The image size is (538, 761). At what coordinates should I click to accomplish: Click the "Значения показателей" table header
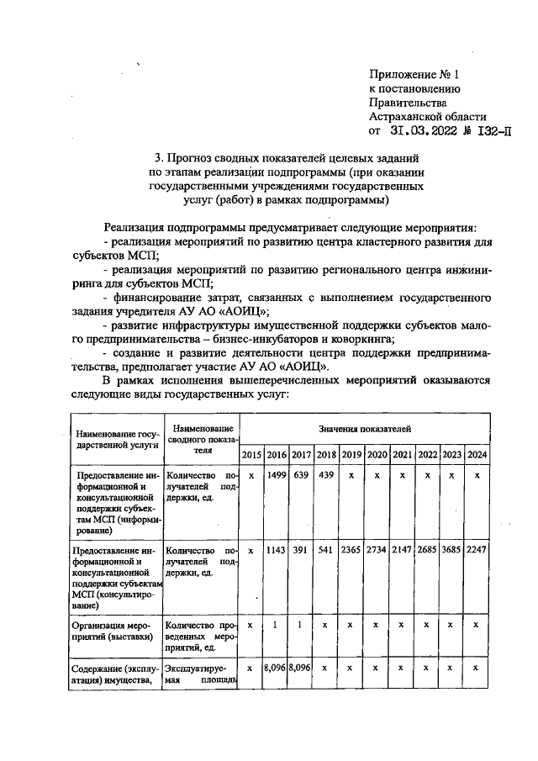364,430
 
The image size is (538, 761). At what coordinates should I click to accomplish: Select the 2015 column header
251,455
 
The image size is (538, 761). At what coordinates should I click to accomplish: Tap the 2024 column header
477,455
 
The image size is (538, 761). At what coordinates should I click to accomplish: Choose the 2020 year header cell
377,455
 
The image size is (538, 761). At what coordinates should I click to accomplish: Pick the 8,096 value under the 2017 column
301,669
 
